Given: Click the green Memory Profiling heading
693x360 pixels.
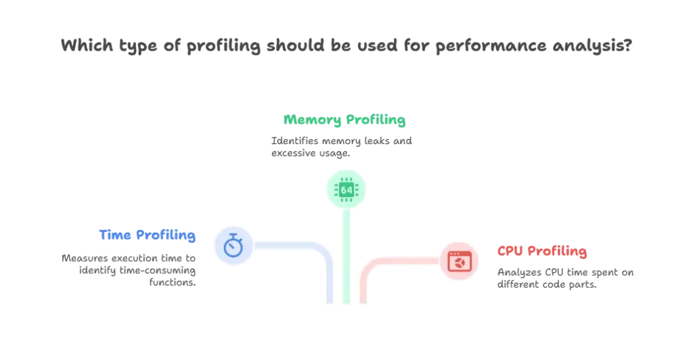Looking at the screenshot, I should tap(343, 121).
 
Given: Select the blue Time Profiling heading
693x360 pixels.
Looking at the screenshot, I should tap(148, 235).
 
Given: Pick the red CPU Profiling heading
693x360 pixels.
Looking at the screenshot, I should tap(542, 251).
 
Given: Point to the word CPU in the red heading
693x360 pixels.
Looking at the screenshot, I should tap(510, 251).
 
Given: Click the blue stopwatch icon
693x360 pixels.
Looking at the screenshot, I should tap(233, 245).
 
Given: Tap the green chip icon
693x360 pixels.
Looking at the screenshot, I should tap(346, 190).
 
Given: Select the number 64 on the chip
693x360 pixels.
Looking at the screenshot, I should tap(346, 190).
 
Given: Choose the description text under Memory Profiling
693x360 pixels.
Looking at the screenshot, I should tap(343, 146).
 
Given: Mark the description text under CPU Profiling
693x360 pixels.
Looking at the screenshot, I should tap(564, 279).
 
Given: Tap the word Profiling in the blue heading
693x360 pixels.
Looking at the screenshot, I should tap(166, 235).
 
